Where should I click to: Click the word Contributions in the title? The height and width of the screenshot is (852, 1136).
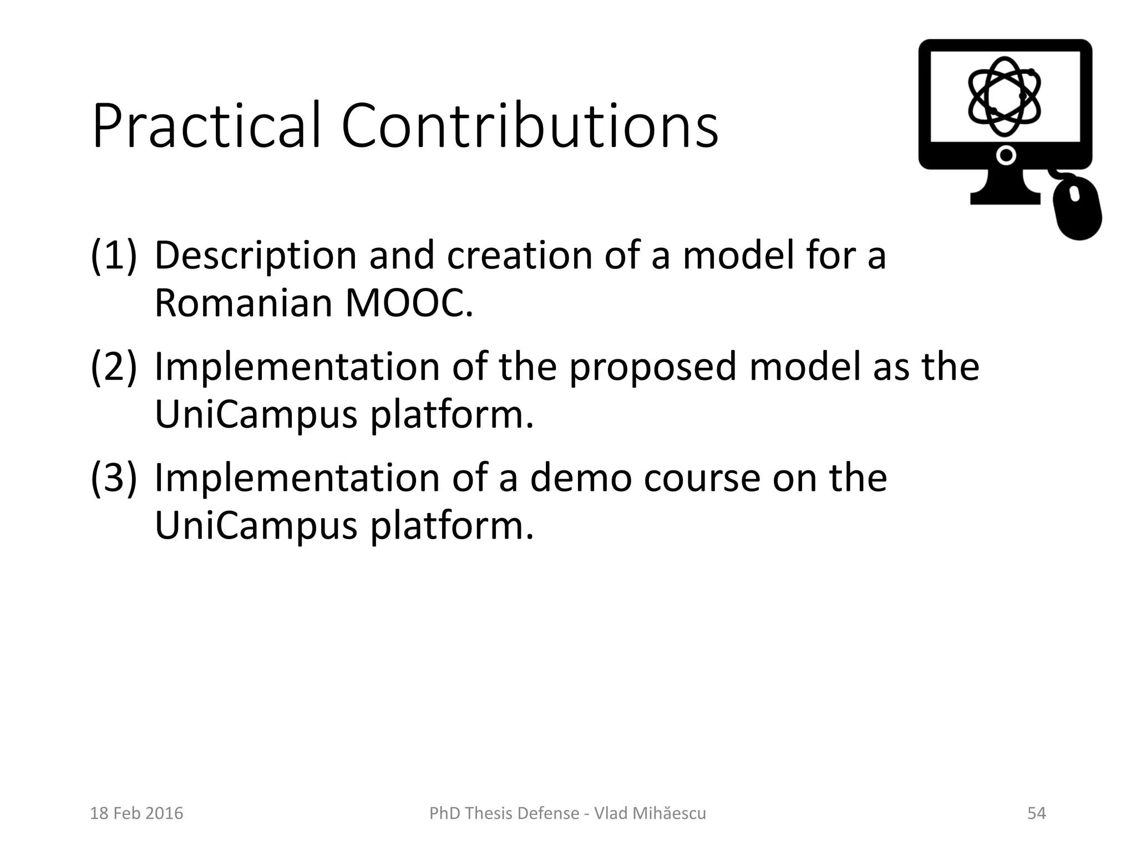[530, 126]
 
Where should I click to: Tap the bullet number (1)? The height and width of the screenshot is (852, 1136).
[113, 256]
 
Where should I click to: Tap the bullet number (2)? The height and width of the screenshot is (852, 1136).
[113, 367]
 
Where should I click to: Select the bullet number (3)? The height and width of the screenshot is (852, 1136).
[113, 478]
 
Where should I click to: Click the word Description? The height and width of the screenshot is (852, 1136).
[255, 256]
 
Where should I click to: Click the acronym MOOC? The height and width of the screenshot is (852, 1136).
[409, 304]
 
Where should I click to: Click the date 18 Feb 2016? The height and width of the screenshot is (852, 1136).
[136, 813]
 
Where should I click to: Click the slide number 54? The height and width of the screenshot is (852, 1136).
[1036, 813]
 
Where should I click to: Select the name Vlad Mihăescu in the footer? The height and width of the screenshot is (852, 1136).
[650, 813]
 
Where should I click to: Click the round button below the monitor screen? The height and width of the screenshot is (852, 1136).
[1005, 156]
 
